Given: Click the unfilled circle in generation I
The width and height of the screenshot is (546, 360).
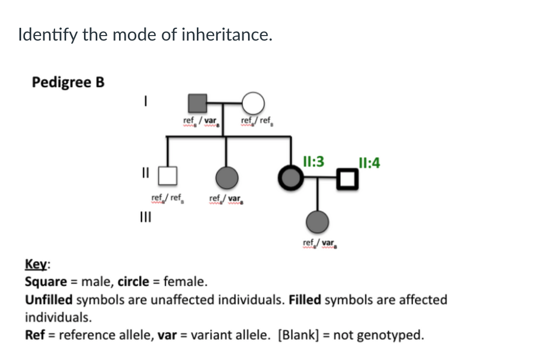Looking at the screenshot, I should click(x=254, y=103).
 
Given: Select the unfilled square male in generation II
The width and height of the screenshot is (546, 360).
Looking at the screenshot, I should click(x=168, y=176).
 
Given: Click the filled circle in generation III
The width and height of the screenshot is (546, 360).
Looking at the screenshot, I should click(x=317, y=221).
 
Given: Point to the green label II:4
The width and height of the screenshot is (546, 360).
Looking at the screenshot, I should click(x=370, y=163).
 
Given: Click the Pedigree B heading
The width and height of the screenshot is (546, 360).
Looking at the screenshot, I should click(x=68, y=82).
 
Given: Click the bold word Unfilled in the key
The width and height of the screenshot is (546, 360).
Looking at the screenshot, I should click(x=49, y=300).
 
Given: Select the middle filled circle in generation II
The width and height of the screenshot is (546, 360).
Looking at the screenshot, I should click(x=227, y=177).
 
